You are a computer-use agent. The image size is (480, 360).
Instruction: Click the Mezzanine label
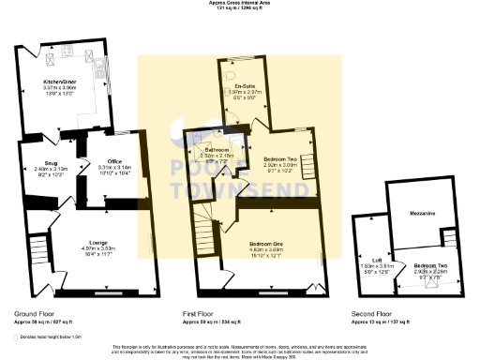pos(421,214)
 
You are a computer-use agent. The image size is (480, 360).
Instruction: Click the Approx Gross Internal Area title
pos(240,3)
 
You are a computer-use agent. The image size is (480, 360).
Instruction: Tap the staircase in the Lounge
pos(37,250)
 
